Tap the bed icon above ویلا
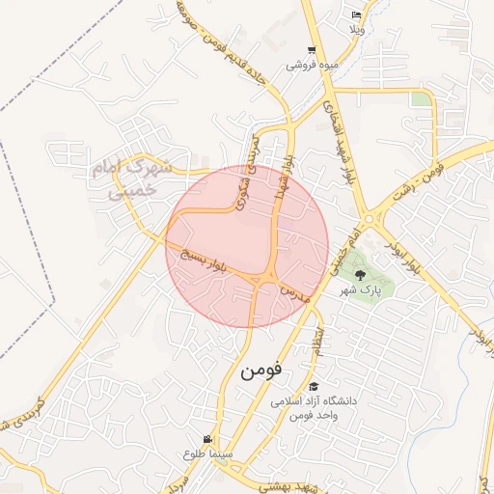click(357, 15)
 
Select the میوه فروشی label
click(310, 66)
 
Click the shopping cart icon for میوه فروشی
click(311, 50)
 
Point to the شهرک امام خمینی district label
click(133, 179)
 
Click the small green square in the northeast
click(420, 98)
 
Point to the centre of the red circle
click(247, 246)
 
